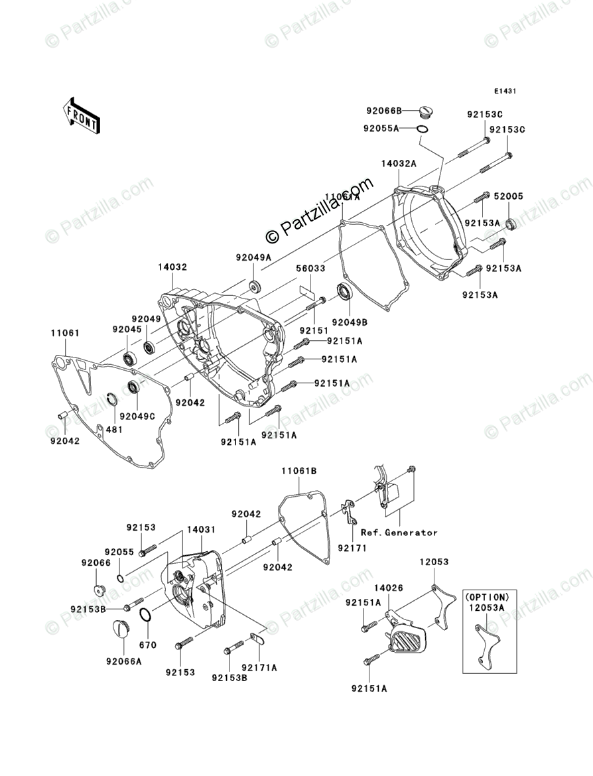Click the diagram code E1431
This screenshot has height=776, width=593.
[x=505, y=92]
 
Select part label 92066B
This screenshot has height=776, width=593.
[x=382, y=111]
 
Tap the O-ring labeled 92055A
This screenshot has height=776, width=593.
[x=421, y=127]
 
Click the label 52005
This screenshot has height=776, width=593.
[x=510, y=196]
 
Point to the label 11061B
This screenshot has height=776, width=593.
[x=298, y=471]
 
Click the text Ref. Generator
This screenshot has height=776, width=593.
[x=399, y=532]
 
